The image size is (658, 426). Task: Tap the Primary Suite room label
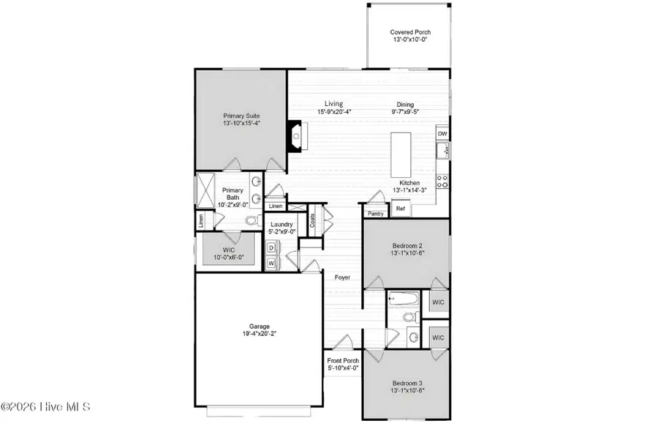pos(241,116)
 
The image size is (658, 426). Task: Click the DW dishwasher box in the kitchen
pos(442,134)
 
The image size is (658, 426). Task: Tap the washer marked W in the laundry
pos(271,262)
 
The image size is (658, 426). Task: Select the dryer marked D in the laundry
pos(271,249)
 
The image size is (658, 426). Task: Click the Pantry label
pos(376,214)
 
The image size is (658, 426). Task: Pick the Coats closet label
pos(313,220)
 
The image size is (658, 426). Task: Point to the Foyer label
pos(342,277)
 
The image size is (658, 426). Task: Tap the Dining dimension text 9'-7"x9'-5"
pos(405,113)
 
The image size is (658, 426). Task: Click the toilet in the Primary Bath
pos(252,220)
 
